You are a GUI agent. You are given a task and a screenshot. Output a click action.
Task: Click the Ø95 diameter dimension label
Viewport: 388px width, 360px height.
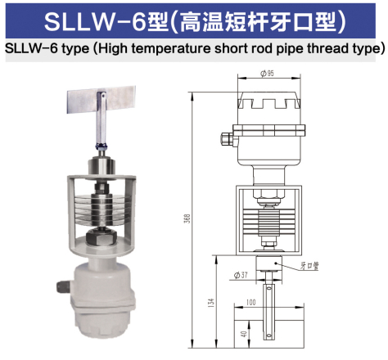tap(267, 73)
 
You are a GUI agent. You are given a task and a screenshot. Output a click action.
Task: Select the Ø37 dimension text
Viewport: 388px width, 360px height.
tap(241, 273)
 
